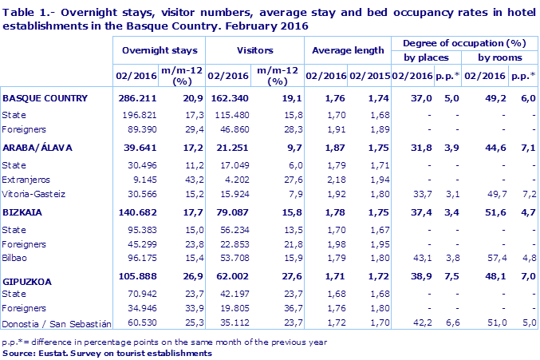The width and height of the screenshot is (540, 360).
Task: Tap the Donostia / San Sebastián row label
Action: (55, 323)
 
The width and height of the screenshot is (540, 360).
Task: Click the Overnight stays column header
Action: (159, 50)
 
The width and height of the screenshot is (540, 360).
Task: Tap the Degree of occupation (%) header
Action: (464, 42)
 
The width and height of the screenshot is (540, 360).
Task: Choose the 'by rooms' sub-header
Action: (500, 57)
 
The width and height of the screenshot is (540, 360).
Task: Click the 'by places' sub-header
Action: (426, 57)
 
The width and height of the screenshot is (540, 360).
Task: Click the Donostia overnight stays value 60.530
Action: (138, 323)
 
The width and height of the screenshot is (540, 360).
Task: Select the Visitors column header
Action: (255, 50)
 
